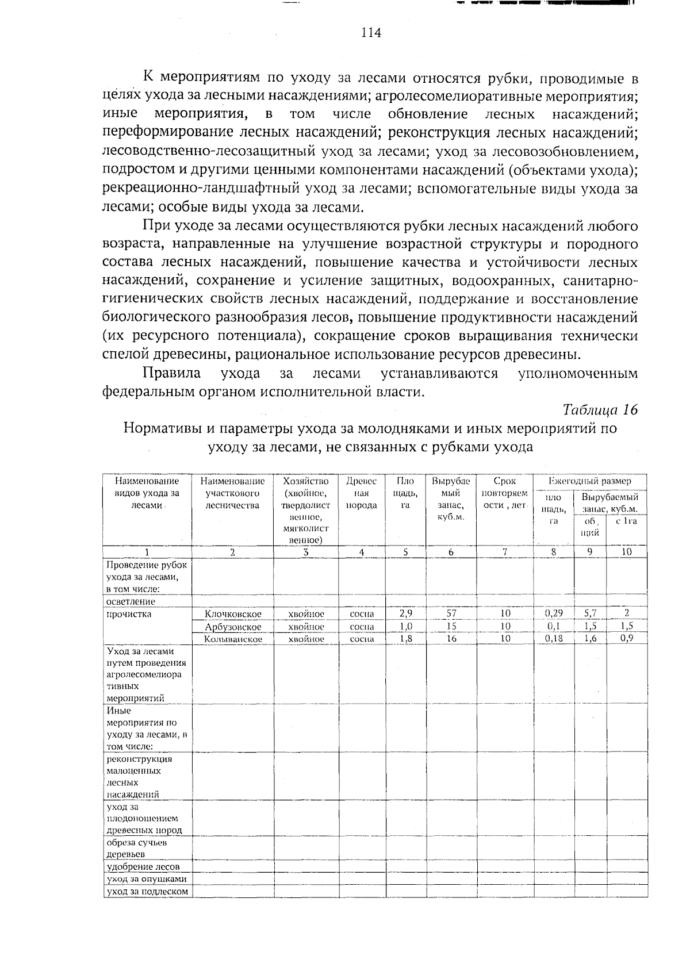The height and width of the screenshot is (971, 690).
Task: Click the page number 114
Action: point(371,33)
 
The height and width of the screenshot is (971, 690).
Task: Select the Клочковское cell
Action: point(233,614)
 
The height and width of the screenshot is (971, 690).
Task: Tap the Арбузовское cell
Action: point(233,627)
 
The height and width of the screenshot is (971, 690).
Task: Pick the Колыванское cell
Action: point(233,639)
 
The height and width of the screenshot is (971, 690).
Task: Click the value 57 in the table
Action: point(451,613)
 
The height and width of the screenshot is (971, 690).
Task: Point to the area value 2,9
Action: point(405,613)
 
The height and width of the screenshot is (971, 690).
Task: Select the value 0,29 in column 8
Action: point(554,613)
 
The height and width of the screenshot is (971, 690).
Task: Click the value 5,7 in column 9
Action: point(590,613)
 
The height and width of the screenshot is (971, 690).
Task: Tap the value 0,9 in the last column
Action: point(627,638)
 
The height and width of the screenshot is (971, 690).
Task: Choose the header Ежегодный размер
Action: point(590,481)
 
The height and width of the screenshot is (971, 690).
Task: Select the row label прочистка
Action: point(129,614)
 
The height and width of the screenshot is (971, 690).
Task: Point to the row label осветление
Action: point(131,601)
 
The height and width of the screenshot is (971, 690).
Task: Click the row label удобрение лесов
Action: point(143,866)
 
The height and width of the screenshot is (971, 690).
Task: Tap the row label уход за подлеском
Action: point(148,891)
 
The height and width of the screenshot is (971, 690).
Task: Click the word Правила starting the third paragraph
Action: point(172,374)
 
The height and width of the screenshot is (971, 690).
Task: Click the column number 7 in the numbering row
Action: point(505,552)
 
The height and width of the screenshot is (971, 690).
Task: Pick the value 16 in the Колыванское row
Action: point(451,638)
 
